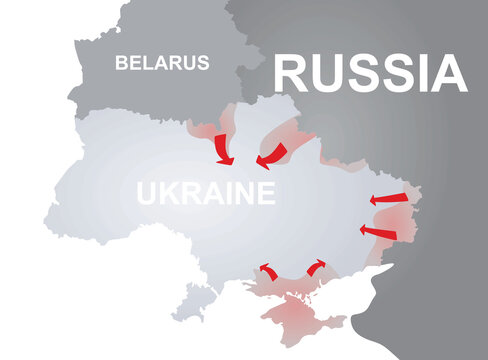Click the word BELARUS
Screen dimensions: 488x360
162,63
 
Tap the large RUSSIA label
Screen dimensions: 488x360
370,73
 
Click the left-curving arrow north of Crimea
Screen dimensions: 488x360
267,270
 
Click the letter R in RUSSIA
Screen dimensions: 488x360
291,73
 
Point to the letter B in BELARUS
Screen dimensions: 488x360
121,63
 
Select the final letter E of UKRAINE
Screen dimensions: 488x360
265,193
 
